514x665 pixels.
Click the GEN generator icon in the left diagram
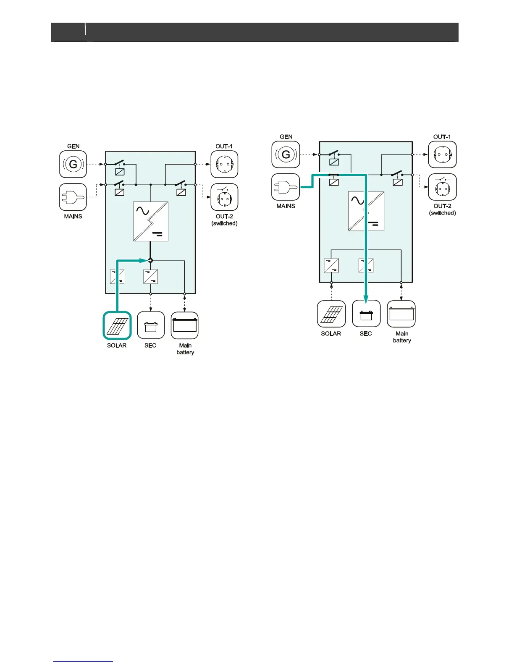73,164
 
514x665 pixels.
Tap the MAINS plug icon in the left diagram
73,197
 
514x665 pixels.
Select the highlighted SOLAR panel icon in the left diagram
117,325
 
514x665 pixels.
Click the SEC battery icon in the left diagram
151,325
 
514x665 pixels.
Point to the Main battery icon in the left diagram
185,325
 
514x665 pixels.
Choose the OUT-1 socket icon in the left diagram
224,164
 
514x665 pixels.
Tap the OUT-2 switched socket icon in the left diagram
224,197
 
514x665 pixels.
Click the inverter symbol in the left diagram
151,221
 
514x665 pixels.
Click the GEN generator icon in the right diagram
286,154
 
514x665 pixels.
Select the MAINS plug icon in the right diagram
286,187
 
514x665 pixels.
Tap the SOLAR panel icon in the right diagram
331,314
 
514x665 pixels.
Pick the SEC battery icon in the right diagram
366,314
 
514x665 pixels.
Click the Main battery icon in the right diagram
401,314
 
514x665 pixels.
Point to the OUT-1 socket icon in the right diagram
442,154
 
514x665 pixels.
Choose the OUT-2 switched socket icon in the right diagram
442,187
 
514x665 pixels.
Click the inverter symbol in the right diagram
366,211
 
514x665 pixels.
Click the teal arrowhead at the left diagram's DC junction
143,261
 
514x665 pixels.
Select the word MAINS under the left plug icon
73,217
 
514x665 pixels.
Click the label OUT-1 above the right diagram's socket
442,137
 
